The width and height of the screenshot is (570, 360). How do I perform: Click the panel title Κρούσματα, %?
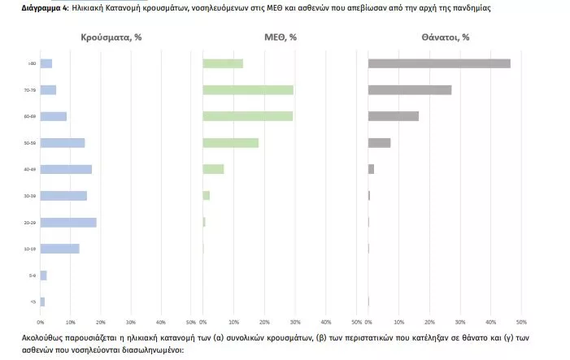(111, 37)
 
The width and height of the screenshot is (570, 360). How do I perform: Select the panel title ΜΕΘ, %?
(280, 37)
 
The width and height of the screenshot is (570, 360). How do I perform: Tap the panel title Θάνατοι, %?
(445, 37)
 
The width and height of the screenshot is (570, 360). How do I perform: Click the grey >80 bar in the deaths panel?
(439, 63)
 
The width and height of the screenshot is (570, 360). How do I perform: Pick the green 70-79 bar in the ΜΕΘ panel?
(248, 90)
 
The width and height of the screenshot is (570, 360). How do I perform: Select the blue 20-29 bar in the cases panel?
(68, 222)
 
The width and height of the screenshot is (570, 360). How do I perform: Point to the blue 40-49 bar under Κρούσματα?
(66, 169)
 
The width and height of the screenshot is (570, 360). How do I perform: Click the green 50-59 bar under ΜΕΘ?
(230, 143)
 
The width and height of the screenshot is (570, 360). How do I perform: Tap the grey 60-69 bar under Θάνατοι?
(394, 116)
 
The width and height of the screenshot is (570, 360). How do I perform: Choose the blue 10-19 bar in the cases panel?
(60, 249)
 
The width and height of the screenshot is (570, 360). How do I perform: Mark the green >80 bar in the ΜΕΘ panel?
(223, 63)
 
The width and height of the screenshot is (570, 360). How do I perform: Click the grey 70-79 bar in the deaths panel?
(410, 90)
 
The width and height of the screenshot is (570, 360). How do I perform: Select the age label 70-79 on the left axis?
(30, 90)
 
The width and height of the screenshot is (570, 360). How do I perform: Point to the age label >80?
(31, 63)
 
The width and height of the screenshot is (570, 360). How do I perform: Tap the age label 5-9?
(31, 275)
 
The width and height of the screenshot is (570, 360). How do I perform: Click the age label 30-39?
(30, 196)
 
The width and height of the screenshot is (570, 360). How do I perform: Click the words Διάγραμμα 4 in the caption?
(44, 7)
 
